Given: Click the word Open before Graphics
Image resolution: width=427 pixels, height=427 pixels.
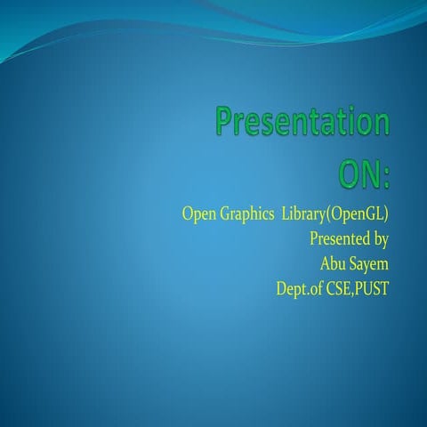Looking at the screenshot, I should coord(198,215).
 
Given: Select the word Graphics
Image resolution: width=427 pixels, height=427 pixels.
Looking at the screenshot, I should coord(246,215).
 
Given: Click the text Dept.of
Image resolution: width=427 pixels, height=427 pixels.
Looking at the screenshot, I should coord(299,287).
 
